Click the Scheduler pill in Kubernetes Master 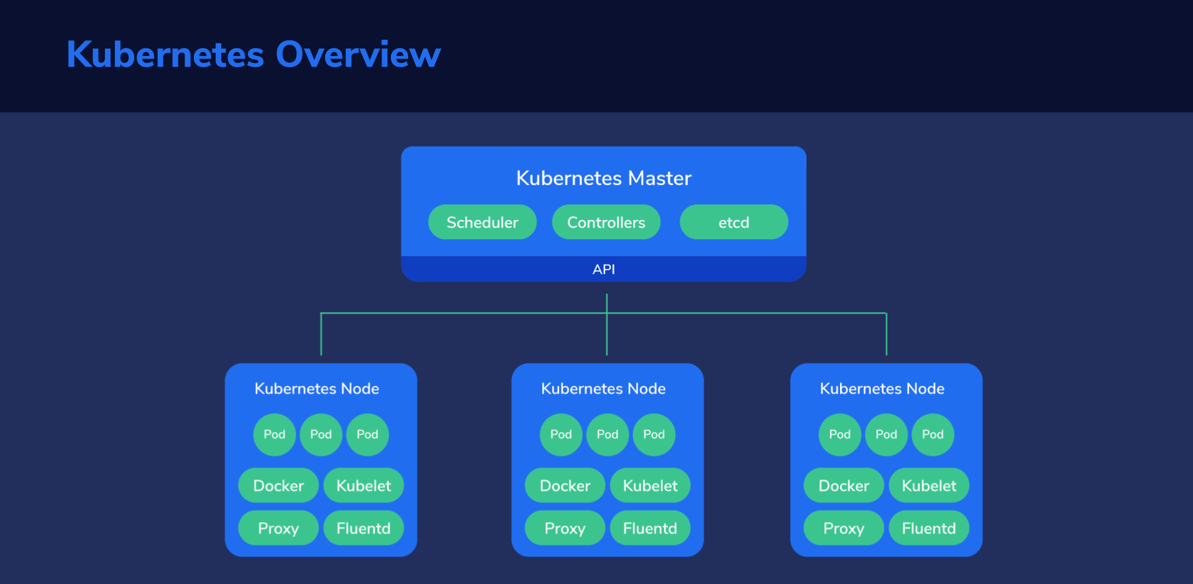482,222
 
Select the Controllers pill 606,222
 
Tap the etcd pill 734,222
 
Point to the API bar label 603,269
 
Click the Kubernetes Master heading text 603,178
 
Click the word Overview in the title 358,54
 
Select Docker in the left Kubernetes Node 278,485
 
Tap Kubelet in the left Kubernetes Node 363,485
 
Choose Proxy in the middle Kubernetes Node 565,528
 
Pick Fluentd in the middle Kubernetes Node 650,528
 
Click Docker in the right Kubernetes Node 844,485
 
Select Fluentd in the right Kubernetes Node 929,528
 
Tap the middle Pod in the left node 321,434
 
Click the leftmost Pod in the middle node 561,434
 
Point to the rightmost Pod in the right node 933,434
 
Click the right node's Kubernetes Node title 882,389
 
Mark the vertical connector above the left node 321,334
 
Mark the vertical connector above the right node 887,334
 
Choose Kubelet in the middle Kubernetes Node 650,485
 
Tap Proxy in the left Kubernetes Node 278,528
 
